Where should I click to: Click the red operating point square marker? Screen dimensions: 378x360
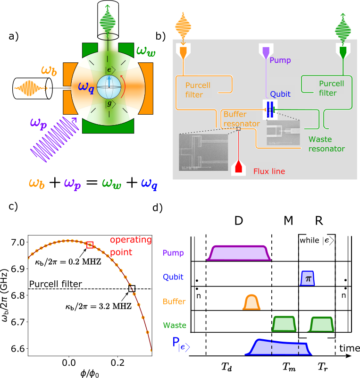[90, 244]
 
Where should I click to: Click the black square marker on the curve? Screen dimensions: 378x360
[132, 288]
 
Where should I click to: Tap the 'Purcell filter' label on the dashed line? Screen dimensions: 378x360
[56, 284]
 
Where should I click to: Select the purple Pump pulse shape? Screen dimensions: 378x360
[239, 253]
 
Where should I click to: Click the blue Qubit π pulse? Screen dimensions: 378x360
[308, 278]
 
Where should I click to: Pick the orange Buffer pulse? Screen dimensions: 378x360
[251, 303]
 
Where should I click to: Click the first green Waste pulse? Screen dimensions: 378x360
[284, 324]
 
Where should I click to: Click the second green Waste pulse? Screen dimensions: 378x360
[321, 324]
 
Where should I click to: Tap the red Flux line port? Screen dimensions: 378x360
[239, 168]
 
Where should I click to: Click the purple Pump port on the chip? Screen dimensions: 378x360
[266, 50]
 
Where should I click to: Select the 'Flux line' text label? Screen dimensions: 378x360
[269, 171]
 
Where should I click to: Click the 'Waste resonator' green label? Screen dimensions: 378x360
[327, 144]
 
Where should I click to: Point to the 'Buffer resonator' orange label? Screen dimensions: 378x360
[241, 119]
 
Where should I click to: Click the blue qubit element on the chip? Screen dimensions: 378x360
[269, 109]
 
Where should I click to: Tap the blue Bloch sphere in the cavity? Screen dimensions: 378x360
[109, 87]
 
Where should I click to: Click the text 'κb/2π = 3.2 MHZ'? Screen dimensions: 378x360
[98, 306]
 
